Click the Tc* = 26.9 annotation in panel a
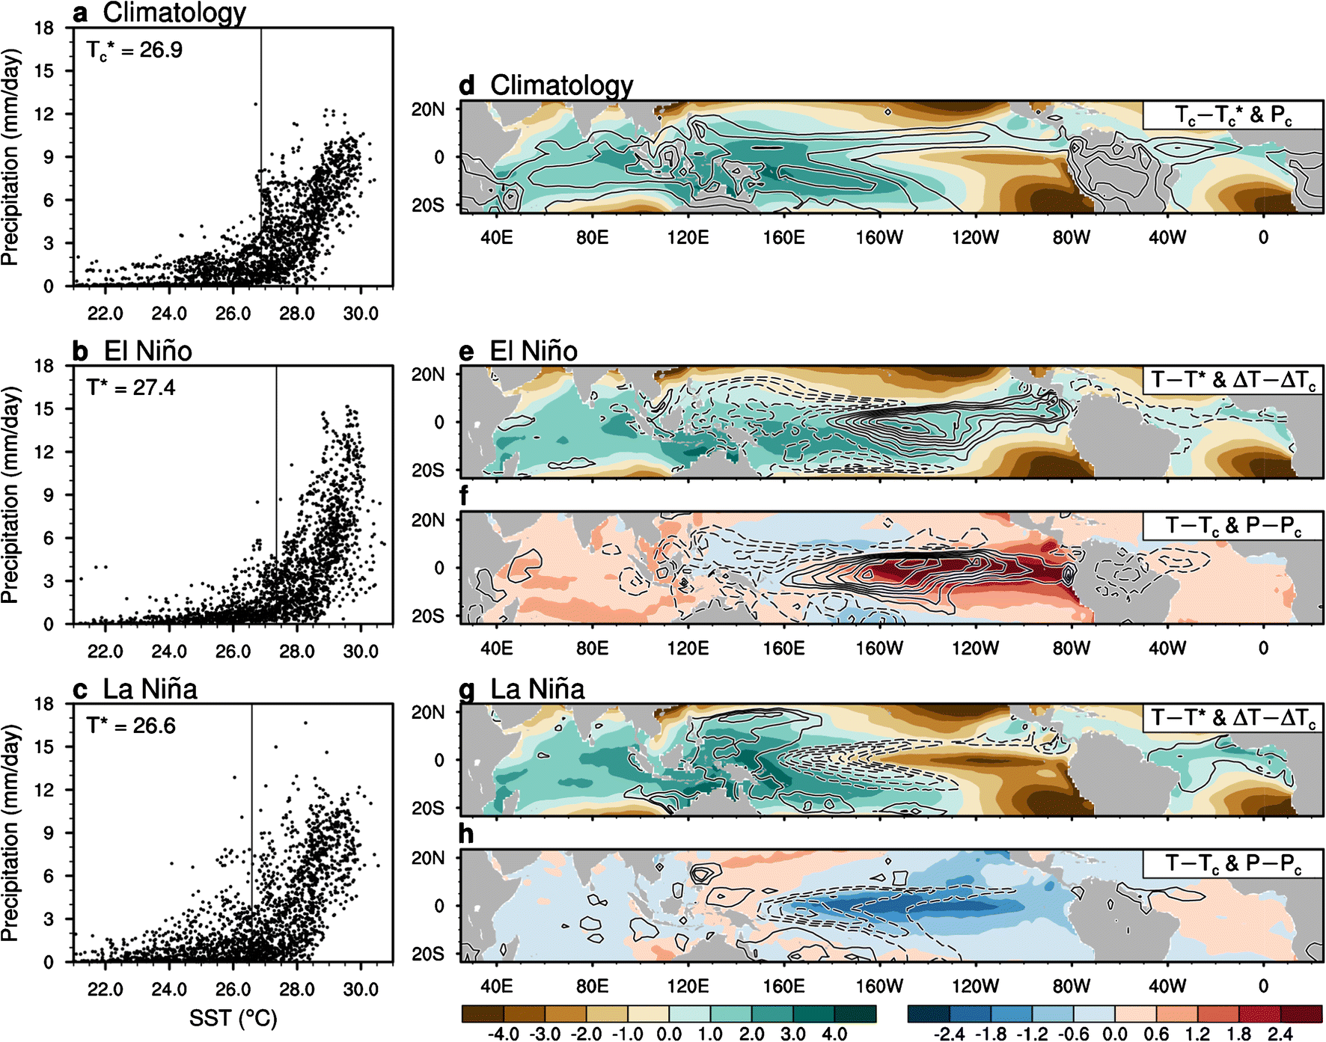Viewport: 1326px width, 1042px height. click(134, 50)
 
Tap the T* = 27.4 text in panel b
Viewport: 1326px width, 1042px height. click(130, 387)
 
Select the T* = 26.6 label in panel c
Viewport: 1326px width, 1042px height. click(130, 726)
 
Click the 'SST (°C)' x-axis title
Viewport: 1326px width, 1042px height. click(233, 1018)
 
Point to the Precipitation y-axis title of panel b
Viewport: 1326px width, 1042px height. click(10, 494)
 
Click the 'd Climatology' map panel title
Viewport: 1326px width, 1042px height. click(546, 85)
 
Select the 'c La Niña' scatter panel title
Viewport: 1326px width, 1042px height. click(135, 689)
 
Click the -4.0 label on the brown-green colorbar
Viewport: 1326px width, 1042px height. click(503, 1034)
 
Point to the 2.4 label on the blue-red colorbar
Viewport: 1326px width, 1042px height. click(1280, 1034)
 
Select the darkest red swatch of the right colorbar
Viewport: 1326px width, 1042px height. click(1301, 1014)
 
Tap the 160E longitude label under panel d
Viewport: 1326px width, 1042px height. click(783, 238)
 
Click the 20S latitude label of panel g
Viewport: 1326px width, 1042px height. click(427, 809)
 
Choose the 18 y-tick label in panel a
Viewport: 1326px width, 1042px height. click(44, 28)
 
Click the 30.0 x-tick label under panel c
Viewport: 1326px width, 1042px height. click(361, 989)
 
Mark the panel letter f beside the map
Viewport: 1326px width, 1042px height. click(465, 495)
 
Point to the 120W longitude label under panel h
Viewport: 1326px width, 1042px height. click(975, 986)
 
